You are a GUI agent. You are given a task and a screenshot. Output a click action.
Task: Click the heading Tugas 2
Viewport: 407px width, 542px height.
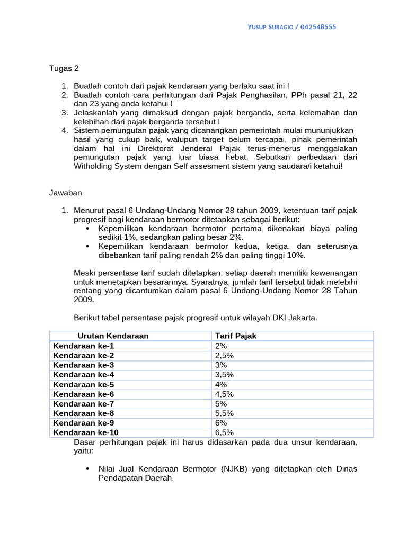[x=64, y=69]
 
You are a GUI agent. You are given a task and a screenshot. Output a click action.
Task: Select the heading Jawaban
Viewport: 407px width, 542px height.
[x=66, y=194]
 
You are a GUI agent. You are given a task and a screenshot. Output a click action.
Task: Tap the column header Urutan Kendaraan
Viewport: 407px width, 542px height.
[x=113, y=336]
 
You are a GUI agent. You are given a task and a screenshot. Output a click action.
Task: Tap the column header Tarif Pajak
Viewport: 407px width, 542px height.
[x=235, y=336]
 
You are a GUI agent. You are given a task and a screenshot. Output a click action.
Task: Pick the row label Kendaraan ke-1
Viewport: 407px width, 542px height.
[x=83, y=346]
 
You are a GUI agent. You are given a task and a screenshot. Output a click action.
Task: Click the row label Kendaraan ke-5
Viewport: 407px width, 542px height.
[x=83, y=385]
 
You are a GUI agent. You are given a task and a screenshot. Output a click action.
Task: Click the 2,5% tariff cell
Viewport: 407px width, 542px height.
[x=224, y=356]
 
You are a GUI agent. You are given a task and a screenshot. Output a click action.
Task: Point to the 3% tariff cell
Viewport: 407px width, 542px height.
[x=221, y=365]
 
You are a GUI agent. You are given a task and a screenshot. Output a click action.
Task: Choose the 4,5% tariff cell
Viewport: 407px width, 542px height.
[x=224, y=394]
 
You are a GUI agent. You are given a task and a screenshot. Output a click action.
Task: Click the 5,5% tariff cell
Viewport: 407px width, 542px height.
[x=224, y=413]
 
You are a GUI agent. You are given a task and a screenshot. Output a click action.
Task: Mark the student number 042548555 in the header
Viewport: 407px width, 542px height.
[x=318, y=27]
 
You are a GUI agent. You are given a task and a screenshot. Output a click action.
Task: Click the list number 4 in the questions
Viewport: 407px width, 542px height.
[x=64, y=131]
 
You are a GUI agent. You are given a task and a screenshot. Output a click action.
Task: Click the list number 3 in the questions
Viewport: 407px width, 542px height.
[x=64, y=113]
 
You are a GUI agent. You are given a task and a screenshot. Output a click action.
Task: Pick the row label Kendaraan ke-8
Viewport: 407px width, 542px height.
[x=83, y=413]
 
